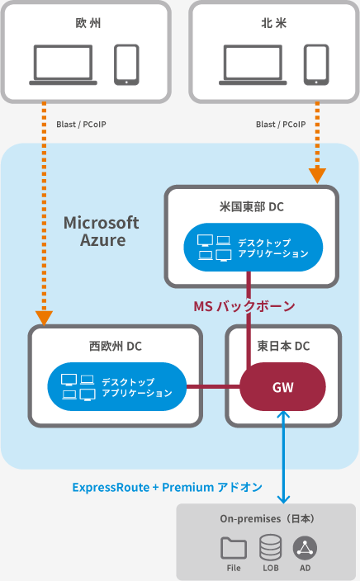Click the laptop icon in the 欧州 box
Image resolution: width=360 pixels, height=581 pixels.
(63, 65)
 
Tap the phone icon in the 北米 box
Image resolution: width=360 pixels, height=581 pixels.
(316, 65)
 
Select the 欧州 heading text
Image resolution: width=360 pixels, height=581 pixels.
(88, 23)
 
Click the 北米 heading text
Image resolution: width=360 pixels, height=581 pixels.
(274, 23)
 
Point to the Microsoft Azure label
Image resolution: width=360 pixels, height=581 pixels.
(102, 232)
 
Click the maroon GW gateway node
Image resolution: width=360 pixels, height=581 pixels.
(283, 387)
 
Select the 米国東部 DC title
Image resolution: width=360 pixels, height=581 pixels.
(252, 206)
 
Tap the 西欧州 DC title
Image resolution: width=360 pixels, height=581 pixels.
(116, 346)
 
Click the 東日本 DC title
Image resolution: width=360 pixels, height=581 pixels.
(284, 346)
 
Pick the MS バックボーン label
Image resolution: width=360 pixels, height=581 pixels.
(244, 306)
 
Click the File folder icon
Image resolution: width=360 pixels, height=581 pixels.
(234, 548)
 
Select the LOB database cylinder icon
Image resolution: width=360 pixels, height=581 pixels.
(270, 547)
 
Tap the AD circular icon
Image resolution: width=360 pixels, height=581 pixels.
(305, 548)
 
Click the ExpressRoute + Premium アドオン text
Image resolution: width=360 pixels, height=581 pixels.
(168, 487)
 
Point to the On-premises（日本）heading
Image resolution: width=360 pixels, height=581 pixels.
(268, 519)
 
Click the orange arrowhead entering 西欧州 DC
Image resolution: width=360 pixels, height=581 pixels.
(44, 319)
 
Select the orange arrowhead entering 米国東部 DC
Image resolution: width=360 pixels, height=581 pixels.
(317, 176)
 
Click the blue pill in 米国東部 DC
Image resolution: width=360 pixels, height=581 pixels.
(253, 247)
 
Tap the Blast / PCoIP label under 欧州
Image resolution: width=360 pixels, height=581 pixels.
(81, 125)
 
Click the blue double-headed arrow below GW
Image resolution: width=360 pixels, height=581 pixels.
(284, 457)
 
